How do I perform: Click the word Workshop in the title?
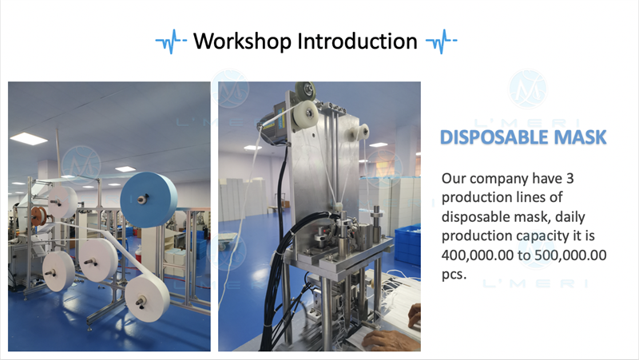[x=242, y=42]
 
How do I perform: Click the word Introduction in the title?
[x=357, y=42]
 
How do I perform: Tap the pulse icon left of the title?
[x=171, y=42]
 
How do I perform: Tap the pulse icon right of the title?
[x=442, y=42]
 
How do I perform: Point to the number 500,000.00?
[x=570, y=255]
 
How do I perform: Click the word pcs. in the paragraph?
[x=454, y=274]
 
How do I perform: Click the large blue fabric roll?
[x=149, y=200]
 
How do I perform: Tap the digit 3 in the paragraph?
[x=570, y=178]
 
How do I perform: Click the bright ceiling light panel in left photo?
[x=29, y=139]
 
